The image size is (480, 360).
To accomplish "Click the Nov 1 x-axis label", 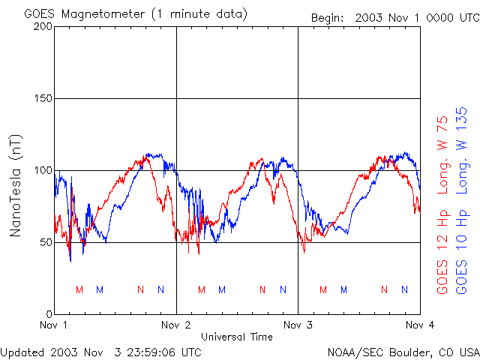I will pyautogui.click(x=54, y=325).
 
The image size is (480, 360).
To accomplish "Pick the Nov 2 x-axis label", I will pyautogui.click(x=176, y=325).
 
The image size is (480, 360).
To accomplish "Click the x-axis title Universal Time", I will pyautogui.click(x=237, y=337).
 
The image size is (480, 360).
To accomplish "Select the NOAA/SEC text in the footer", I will pyautogui.click(x=355, y=351).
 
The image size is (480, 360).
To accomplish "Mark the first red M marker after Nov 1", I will pyautogui.click(x=79, y=289).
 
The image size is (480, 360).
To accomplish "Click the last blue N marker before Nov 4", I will pyautogui.click(x=405, y=289).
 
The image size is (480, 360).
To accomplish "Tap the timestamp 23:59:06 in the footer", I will pyautogui.click(x=149, y=351).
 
